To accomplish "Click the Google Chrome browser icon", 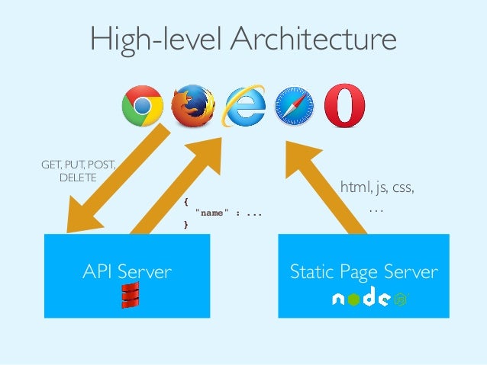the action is (x=143, y=107).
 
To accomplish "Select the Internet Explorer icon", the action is (x=243, y=107).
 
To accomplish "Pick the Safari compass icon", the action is (x=293, y=107).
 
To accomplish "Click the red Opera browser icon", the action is (x=344, y=106).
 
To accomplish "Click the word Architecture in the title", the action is (x=312, y=39).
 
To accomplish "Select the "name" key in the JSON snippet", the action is (x=210, y=213).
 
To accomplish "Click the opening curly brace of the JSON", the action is (x=185, y=202).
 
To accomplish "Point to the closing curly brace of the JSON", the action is (x=185, y=225).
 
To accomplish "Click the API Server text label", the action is (x=127, y=271).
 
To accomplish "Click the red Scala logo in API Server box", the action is (x=129, y=296).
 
